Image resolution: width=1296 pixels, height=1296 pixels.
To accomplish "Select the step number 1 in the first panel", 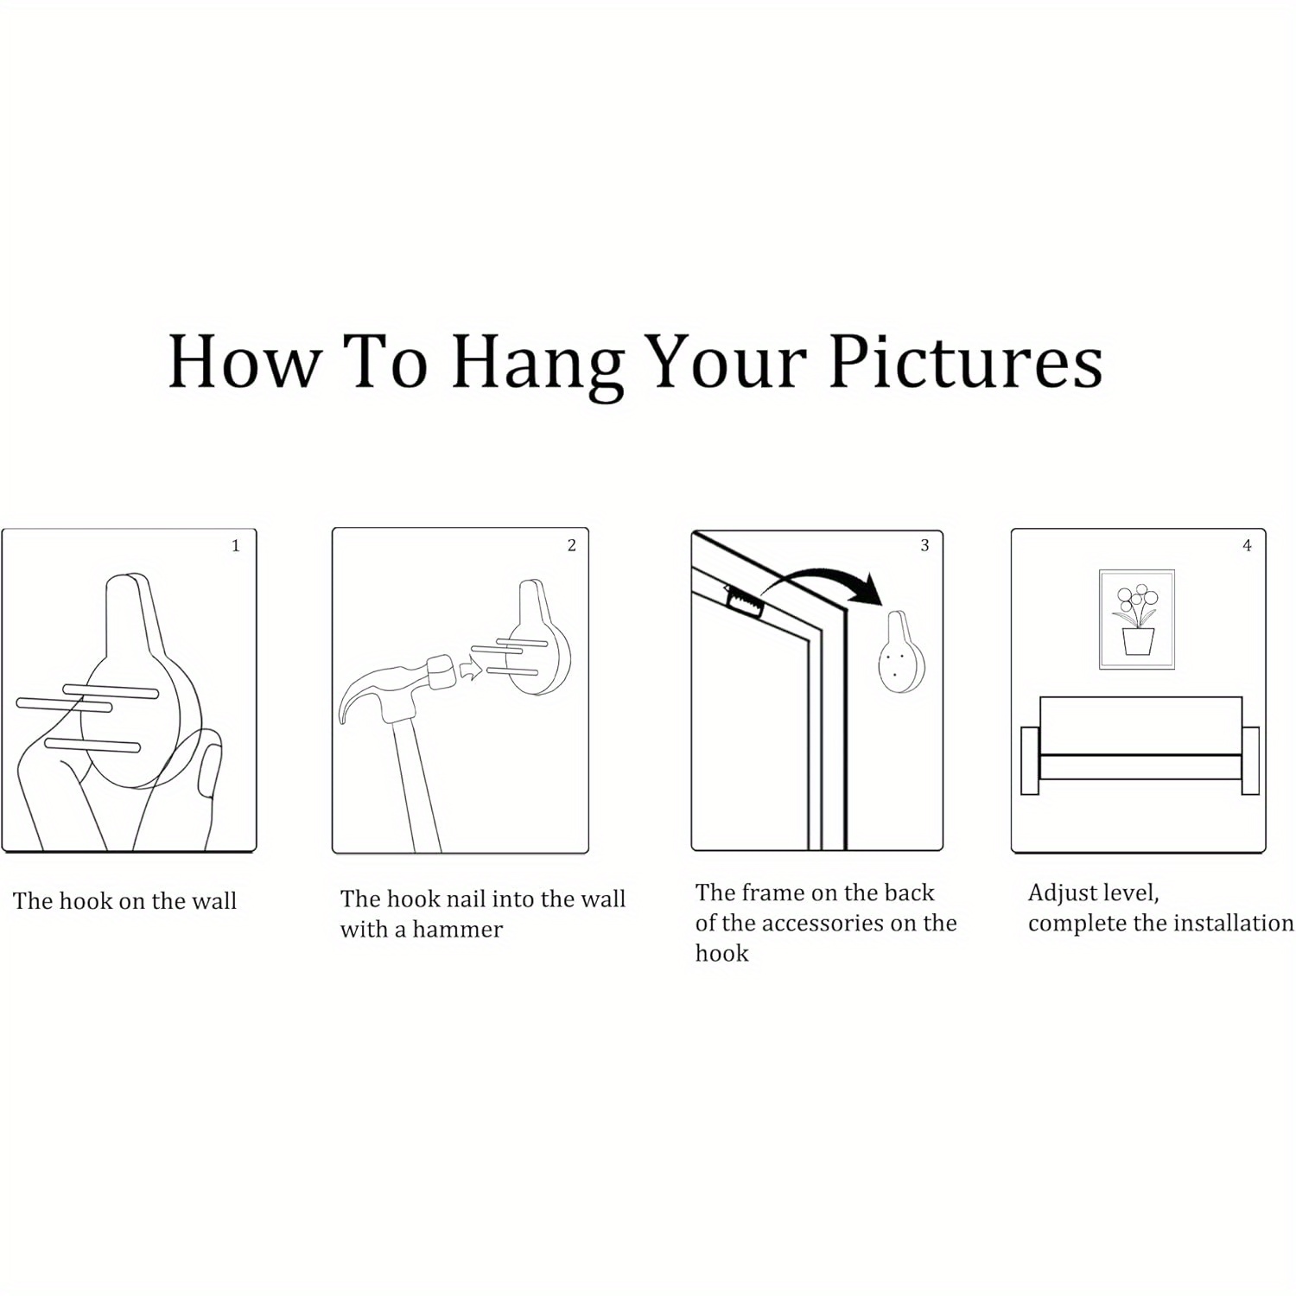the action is tap(235, 545).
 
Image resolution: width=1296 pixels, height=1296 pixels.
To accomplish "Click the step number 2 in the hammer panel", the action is tap(571, 545).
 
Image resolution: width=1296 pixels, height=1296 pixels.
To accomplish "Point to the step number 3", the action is tap(924, 545).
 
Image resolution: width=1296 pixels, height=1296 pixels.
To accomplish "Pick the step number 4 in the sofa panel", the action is tap(1247, 545).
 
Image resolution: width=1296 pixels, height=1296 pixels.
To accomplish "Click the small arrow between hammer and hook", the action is tap(470, 670).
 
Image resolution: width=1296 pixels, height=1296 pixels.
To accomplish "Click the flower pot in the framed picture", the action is tap(1138, 641).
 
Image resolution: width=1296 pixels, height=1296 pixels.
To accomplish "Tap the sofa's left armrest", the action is tap(1030, 760).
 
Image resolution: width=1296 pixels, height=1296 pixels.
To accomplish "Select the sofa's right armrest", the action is tap(1250, 760).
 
